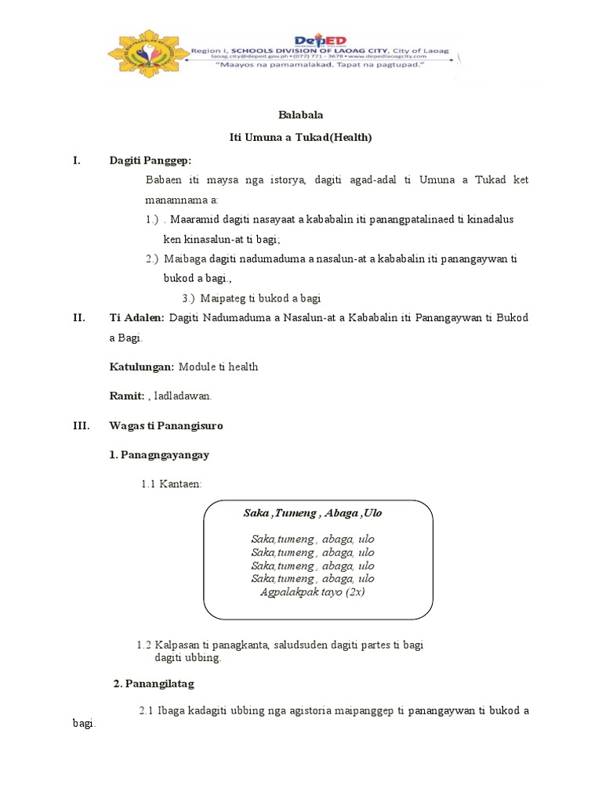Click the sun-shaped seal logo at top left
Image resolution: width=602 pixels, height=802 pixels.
tap(147, 53)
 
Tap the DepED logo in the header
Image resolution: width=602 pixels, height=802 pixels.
tap(320, 41)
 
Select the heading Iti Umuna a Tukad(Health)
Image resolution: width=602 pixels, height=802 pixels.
tap(300, 137)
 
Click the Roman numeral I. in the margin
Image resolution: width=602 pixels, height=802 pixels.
tap(77, 161)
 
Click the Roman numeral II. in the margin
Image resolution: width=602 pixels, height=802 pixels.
tap(78, 317)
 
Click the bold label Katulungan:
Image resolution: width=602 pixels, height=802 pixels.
tap(142, 367)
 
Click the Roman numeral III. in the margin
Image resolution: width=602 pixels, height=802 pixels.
tap(80, 426)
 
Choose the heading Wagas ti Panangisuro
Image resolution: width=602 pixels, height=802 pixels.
tap(166, 426)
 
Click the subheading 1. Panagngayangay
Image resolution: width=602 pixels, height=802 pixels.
tap(159, 455)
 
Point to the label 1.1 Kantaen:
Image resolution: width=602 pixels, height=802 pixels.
tap(172, 485)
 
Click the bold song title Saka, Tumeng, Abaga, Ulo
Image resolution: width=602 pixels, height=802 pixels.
tap(313, 513)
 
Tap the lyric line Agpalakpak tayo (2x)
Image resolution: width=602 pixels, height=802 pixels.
tap(313, 592)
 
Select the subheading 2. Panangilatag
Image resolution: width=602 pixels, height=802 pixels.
tap(154, 684)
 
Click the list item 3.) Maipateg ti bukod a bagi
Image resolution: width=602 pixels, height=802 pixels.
tap(251, 298)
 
